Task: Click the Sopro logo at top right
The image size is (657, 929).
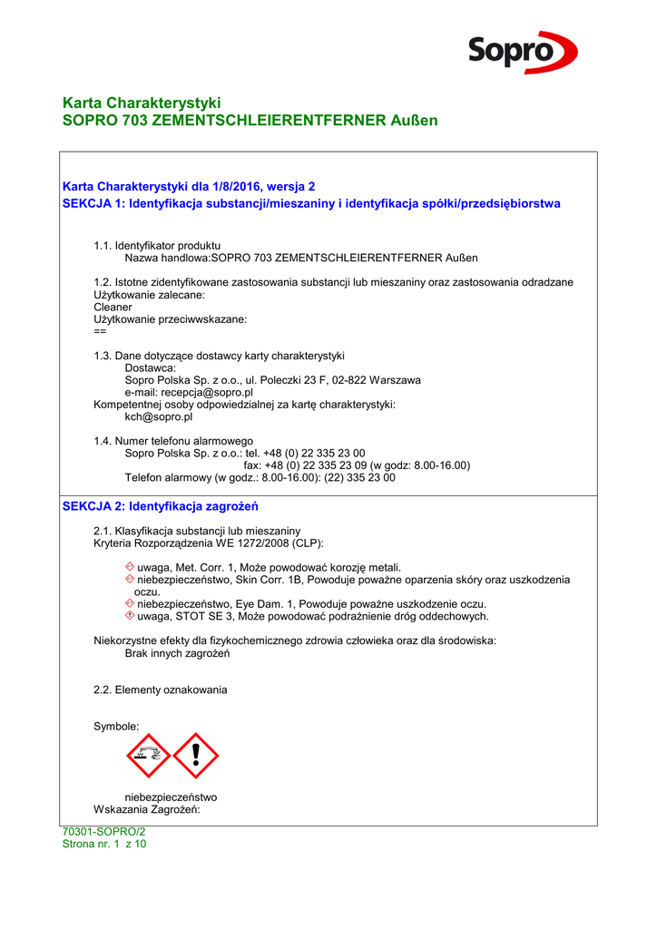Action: pos(522,51)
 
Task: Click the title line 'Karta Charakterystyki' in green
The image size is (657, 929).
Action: pos(142,103)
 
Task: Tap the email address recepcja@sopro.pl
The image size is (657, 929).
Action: pos(189,393)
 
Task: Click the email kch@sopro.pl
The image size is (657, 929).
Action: pos(158,417)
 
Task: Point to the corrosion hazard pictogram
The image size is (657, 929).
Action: pos(148,756)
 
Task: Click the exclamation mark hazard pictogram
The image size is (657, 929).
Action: pos(196,756)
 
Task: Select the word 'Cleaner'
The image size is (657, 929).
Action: pos(113,308)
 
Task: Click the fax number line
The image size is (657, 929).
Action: pos(357,465)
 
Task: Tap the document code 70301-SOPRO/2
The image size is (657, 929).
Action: pos(103,832)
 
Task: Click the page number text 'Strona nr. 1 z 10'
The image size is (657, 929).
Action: pos(103,844)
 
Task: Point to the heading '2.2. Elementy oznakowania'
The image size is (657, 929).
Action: pos(160,690)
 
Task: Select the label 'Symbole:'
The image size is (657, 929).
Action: pos(116,727)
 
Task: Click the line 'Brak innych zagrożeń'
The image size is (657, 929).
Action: pos(177,653)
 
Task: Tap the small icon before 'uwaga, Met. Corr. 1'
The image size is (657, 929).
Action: pos(129,567)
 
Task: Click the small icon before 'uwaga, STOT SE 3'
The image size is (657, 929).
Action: pos(129,616)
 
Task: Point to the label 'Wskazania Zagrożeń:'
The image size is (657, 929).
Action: pos(146,809)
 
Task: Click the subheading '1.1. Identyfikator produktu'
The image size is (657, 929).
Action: pos(157,246)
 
